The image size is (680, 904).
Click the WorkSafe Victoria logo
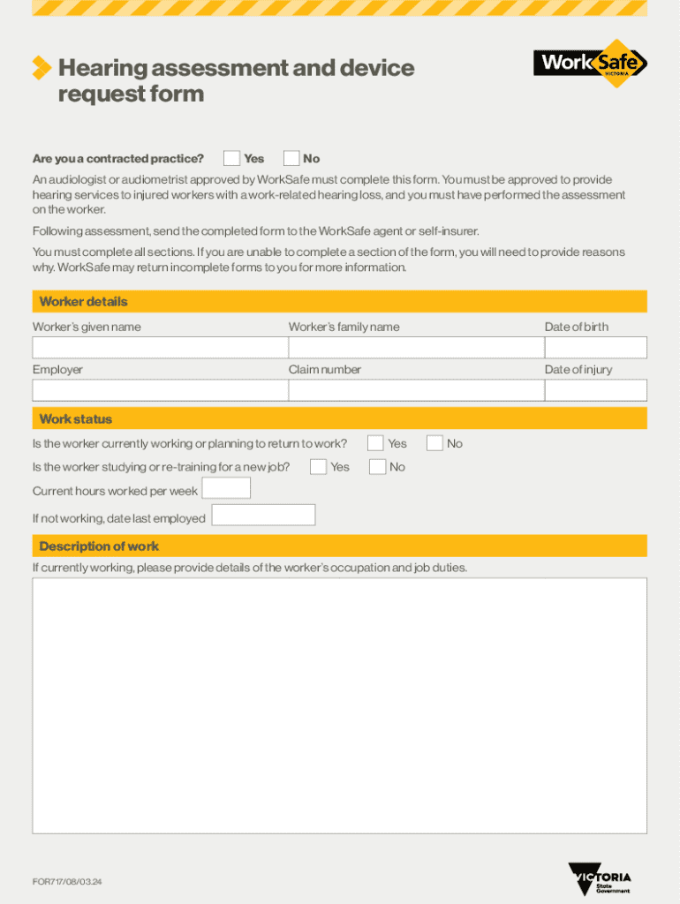tap(590, 64)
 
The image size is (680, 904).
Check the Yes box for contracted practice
tap(231, 159)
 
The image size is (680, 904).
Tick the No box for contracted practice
tap(291, 159)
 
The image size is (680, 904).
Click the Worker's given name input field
tap(159, 348)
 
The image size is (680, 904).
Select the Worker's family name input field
tap(414, 348)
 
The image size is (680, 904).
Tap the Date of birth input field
tap(595, 348)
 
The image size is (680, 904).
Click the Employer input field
tap(159, 390)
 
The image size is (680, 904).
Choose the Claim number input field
tap(414, 390)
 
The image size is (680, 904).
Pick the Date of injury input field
tap(595, 390)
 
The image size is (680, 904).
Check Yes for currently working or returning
tap(375, 443)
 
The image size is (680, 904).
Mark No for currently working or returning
tap(434, 443)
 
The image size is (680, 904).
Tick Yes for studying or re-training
tap(318, 467)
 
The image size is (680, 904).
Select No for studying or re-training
tap(377, 467)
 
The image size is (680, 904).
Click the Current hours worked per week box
tap(226, 488)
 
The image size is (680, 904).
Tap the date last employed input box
tap(263, 516)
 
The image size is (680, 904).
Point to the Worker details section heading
tap(83, 302)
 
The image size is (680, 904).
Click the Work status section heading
tap(76, 418)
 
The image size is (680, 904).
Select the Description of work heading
tap(99, 546)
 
